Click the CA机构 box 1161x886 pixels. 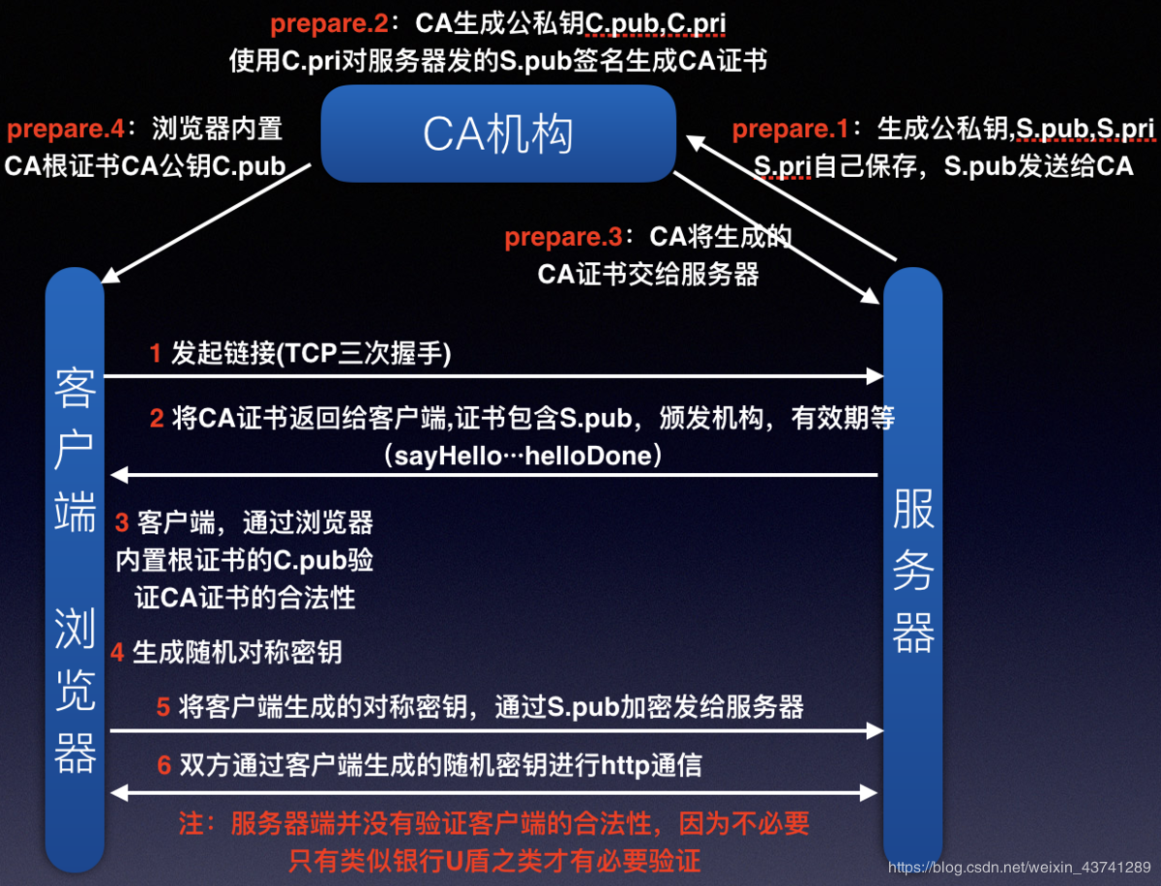point(498,133)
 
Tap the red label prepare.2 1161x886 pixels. point(329,24)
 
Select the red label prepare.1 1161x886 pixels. point(790,129)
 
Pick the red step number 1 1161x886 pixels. point(156,354)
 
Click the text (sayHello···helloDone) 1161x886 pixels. point(522,456)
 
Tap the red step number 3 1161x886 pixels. point(122,523)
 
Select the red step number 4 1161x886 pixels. point(117,652)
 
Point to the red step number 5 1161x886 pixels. point(164,707)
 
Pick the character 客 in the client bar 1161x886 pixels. point(75,387)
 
